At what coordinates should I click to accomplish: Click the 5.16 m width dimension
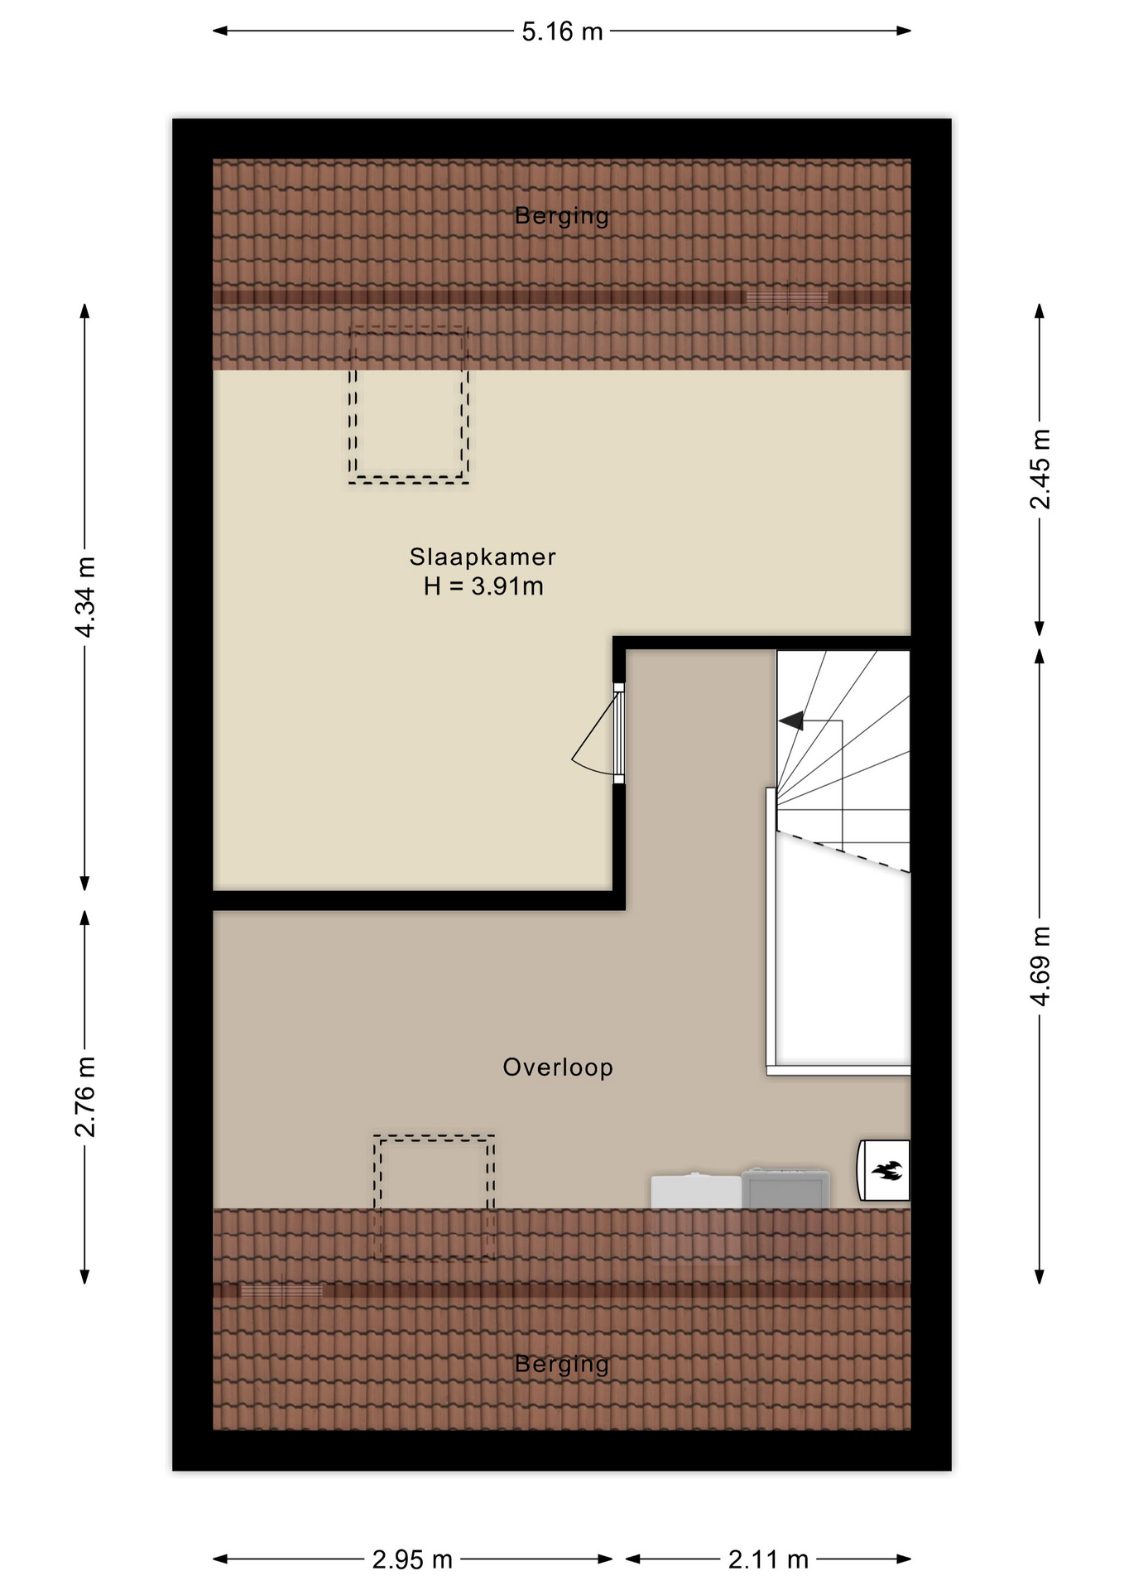pos(562,31)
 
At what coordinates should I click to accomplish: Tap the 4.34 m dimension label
pos(85,597)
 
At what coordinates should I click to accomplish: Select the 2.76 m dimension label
pos(85,1096)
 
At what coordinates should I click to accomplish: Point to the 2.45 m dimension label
pos(1040,470)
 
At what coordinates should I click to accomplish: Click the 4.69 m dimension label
pos(1040,966)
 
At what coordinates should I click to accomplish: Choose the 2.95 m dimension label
pos(412,1560)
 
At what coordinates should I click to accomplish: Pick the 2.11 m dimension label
pos(768,1560)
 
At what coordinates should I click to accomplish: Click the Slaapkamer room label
pos(483,556)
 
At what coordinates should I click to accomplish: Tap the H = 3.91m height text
pos(483,586)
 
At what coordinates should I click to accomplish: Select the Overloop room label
pos(558,1067)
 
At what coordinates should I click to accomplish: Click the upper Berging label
pos(562,215)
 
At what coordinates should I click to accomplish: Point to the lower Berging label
pos(562,1363)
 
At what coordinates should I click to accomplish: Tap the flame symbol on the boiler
pos(886,1171)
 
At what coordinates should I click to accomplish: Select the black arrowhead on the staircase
pos(791,721)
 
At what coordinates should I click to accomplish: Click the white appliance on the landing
pos(696,1191)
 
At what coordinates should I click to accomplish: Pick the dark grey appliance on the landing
pos(785,1188)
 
